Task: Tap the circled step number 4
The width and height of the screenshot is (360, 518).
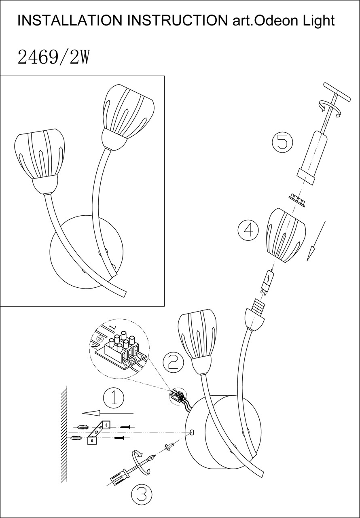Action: pyautogui.click(x=248, y=230)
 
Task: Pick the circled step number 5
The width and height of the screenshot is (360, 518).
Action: pyautogui.click(x=282, y=142)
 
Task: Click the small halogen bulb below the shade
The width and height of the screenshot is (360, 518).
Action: pyautogui.click(x=268, y=282)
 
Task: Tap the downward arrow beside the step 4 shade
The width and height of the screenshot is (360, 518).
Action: pyautogui.click(x=316, y=241)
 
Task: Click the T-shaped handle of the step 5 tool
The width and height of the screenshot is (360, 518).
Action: pyautogui.click(x=337, y=92)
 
